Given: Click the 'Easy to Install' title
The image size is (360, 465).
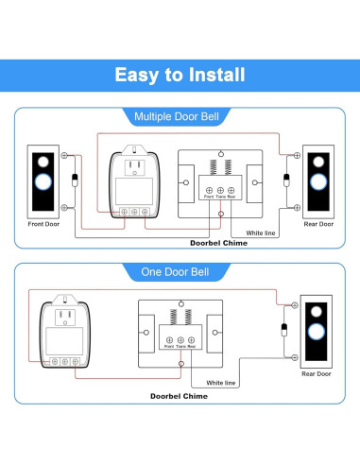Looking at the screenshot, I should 180,75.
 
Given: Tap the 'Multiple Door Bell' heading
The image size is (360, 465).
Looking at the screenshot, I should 180,117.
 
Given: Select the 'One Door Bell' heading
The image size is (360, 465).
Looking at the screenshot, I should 180,272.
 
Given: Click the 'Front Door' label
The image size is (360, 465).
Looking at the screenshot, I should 43,224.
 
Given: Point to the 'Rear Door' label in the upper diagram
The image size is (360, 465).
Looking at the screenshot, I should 317,224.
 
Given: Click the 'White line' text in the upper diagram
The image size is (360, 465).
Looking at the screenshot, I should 261,231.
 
